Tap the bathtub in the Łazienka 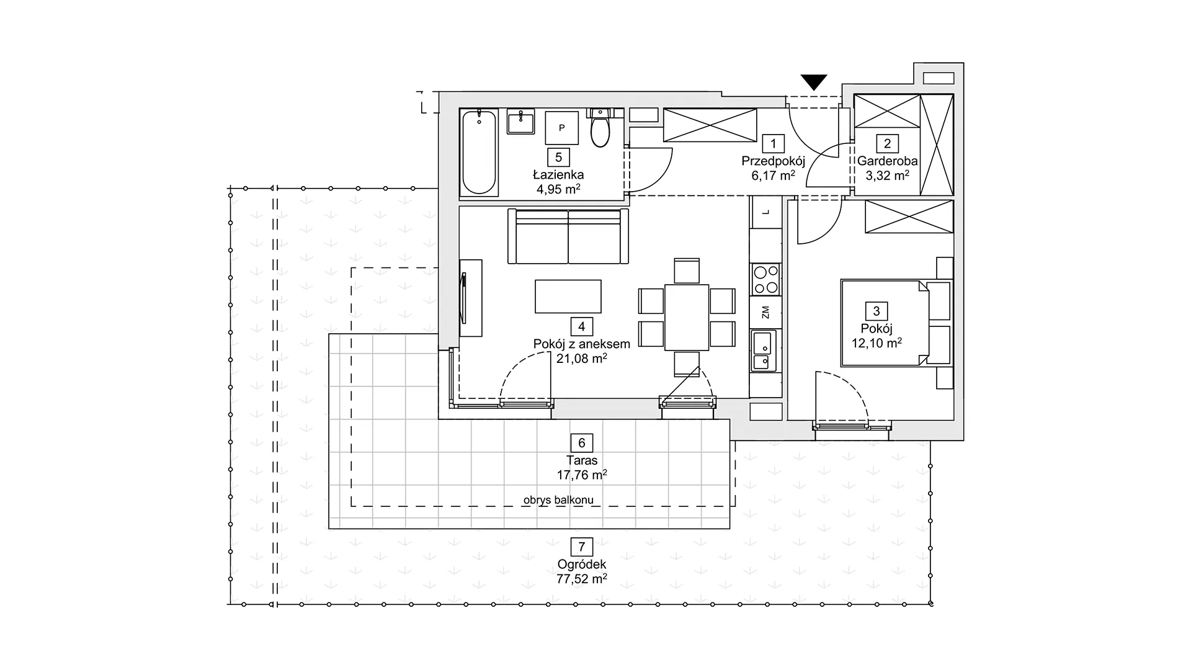[480, 152]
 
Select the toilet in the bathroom [600, 128]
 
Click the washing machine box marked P [562, 128]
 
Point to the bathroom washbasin [521, 122]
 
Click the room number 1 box [773, 144]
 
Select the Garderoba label [887, 161]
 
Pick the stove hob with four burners [765, 279]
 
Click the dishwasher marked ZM [765, 312]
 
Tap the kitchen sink [765, 351]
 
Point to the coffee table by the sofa [568, 297]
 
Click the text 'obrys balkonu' [558, 500]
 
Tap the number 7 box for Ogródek [582, 547]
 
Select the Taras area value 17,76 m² [582, 475]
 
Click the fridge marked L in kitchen [765, 212]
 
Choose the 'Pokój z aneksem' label [582, 344]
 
